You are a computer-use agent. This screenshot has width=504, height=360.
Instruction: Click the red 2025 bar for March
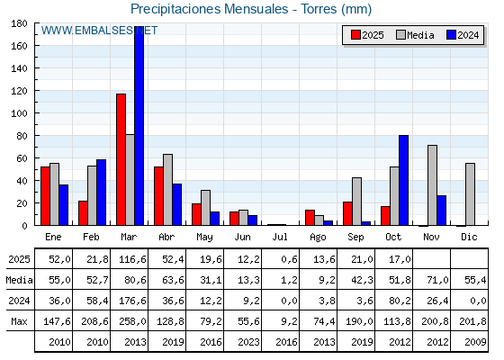click(121, 159)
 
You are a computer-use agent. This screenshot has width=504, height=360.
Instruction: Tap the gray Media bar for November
click(432, 185)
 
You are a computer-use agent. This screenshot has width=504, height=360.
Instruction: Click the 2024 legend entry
click(462, 35)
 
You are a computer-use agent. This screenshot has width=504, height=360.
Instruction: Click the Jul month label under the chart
click(281, 236)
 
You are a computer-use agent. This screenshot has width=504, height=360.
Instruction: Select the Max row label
click(18, 321)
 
